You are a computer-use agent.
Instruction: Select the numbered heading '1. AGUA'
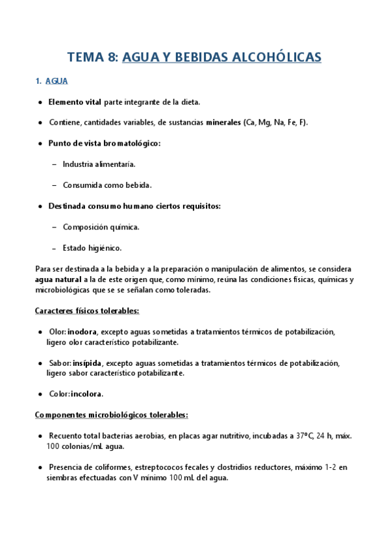click(52, 81)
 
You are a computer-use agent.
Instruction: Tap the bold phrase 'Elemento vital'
click(75, 102)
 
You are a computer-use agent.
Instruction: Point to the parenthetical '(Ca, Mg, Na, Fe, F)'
click(275, 122)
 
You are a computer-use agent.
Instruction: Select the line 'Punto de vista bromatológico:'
click(104, 143)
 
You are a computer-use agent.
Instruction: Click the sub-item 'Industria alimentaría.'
click(99, 164)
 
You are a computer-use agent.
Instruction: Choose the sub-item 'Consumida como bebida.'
click(107, 185)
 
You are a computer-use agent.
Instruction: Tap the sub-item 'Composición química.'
click(101, 227)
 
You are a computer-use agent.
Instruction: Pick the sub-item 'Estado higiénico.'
click(92, 248)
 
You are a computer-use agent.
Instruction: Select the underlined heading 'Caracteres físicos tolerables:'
click(86, 311)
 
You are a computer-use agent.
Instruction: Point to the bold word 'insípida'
click(88, 363)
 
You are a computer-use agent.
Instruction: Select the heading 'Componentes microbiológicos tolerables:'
click(111, 414)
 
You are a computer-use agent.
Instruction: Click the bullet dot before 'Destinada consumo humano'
click(40, 206)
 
